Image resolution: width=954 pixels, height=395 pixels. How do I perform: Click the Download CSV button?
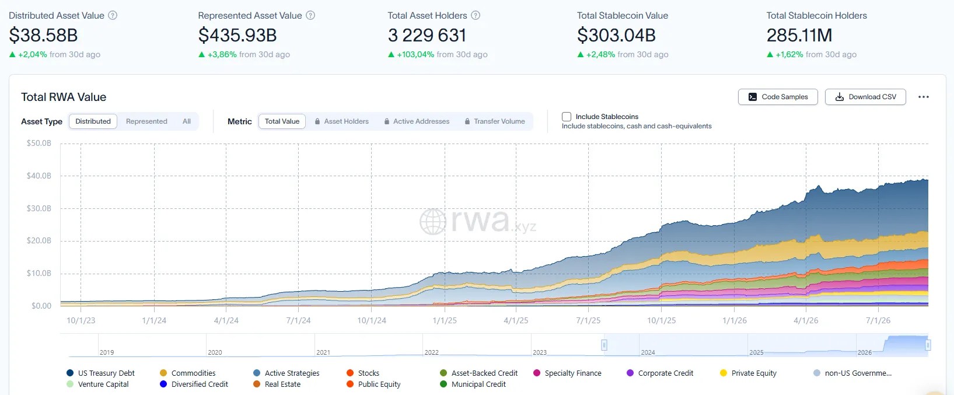coord(865,97)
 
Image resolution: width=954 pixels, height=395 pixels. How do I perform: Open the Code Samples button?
coord(778,97)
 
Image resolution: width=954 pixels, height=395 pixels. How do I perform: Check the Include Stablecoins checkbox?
coord(567,117)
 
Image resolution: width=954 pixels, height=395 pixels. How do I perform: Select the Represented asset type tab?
coord(146,121)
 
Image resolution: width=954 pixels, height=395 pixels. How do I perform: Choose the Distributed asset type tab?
coord(93,121)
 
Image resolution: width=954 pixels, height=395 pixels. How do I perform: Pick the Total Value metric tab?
coord(282,121)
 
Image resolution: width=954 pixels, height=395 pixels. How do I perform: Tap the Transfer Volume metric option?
coord(495,121)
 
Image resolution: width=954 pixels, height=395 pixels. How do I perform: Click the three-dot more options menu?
coord(923,97)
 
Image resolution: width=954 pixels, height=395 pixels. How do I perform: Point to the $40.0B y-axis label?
coord(39,176)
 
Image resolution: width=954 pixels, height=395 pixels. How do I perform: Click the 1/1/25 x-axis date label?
coord(445,320)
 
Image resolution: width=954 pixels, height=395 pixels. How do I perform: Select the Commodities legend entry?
coord(188,373)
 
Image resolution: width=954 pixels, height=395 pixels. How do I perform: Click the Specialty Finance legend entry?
coord(567,373)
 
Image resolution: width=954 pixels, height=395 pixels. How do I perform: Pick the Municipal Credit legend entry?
coord(473,384)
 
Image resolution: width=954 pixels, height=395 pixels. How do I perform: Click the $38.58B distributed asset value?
coord(43,35)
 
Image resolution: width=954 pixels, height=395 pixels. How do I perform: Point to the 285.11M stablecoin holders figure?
coord(799,35)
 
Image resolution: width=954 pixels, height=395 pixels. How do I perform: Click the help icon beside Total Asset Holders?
coord(476,15)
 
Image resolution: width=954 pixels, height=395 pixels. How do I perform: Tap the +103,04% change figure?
coord(415,54)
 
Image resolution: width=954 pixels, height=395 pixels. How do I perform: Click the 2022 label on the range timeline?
coord(431,352)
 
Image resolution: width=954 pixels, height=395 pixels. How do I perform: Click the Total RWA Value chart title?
coord(64,97)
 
